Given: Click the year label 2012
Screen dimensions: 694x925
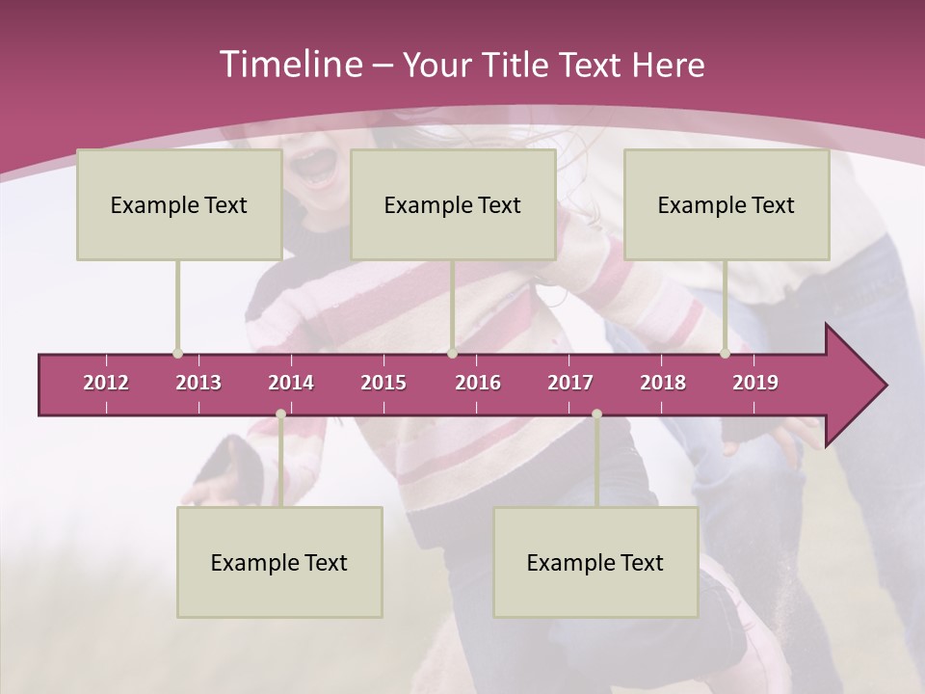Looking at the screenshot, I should (106, 383).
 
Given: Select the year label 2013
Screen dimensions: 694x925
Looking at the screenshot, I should (198, 383).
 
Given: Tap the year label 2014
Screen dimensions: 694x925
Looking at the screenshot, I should (291, 383).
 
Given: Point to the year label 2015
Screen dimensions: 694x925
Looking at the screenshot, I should (383, 383).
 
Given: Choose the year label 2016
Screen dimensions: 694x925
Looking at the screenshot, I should (478, 383).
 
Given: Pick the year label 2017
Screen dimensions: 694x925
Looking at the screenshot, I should (570, 383).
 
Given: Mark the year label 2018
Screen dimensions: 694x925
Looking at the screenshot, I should (663, 383).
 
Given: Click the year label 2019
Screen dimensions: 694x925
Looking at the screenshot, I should (755, 383).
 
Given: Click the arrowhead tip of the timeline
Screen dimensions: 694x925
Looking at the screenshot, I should (885, 386).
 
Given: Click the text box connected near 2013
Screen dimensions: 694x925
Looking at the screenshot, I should (179, 204).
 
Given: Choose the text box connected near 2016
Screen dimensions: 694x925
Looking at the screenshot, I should (453, 204).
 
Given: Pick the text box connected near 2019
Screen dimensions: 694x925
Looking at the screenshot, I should (727, 204).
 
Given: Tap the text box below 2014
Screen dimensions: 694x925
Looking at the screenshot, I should (279, 562).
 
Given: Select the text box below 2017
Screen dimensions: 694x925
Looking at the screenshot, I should (595, 562).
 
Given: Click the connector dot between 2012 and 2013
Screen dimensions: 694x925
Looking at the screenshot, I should (177, 354).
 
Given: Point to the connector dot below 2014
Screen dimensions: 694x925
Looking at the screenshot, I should (280, 414).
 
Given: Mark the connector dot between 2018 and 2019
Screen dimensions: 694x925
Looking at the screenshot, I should (725, 354).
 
